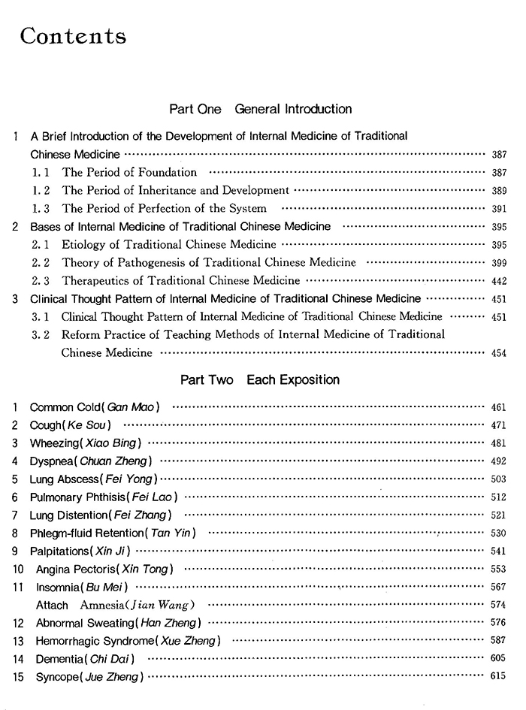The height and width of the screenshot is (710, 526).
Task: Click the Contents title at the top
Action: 74,37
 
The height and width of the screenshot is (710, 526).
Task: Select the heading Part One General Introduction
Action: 260,110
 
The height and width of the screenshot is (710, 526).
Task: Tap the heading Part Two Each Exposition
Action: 260,380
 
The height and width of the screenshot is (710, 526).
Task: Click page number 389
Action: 498,191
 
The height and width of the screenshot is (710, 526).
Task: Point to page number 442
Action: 498,281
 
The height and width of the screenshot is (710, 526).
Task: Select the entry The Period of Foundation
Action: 129,173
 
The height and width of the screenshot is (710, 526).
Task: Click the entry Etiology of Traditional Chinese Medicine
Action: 168,245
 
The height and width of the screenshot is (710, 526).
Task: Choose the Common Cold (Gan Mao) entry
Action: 95,407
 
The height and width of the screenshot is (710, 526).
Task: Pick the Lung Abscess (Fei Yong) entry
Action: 93,479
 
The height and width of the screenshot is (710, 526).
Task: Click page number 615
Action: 498,677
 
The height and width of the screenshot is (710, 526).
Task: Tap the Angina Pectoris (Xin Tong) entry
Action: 104,569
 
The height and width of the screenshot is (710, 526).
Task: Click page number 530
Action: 498,533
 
